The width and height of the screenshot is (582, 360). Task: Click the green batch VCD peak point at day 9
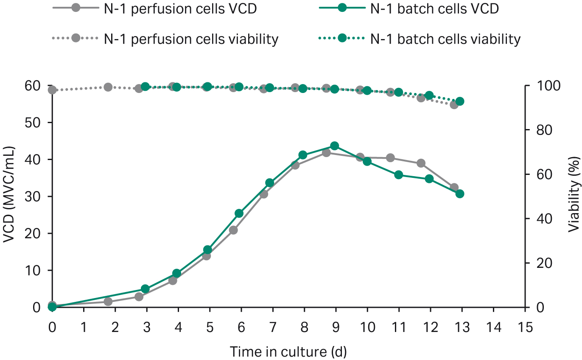[334, 146]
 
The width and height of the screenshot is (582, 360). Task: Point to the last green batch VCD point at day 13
[460, 194]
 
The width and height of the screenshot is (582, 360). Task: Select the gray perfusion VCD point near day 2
[108, 301]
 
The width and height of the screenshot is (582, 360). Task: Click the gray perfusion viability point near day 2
[108, 87]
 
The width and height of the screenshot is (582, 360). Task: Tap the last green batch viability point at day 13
[460, 101]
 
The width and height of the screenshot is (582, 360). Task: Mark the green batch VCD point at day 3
[145, 289]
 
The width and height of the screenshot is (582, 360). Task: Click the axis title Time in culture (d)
[288, 352]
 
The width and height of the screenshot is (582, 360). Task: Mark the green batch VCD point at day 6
[239, 214]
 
